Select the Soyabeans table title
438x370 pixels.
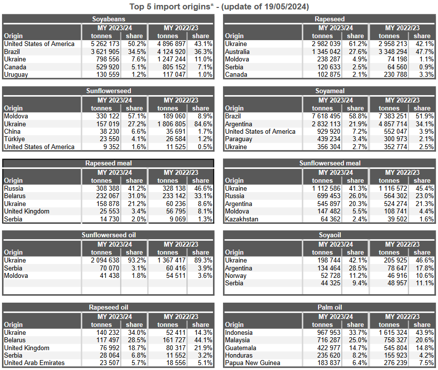[x=109, y=19]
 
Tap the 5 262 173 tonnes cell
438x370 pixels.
[x=105, y=44]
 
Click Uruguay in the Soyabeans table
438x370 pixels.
[x=16, y=75]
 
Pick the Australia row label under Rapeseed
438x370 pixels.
[x=237, y=52]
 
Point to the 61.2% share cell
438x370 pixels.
[x=358, y=44]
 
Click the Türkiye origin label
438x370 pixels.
[x=14, y=139]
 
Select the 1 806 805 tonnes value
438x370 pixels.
[x=171, y=124]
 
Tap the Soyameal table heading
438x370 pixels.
[x=330, y=91]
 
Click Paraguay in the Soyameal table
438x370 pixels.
[x=238, y=139]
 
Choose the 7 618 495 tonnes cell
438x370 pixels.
[x=326, y=116]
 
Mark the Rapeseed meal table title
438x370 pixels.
[x=109, y=163]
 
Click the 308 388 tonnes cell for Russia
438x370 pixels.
[x=108, y=189]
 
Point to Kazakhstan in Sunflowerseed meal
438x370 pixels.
[x=242, y=219]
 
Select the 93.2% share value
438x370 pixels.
[x=137, y=260]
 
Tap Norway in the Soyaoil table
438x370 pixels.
[x=236, y=275]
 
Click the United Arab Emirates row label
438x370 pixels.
[x=34, y=363]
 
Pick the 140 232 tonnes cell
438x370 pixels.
[x=108, y=332]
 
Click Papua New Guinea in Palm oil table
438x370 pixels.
[x=253, y=363]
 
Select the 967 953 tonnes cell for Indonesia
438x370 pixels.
[x=329, y=332]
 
